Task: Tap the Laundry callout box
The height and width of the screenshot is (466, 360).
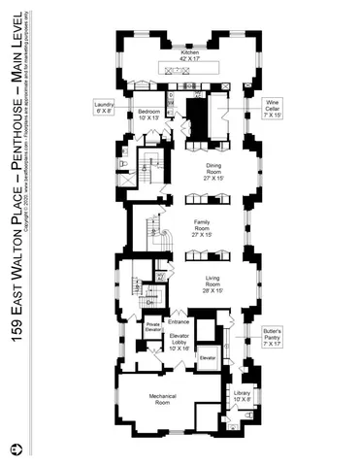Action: pos(104,107)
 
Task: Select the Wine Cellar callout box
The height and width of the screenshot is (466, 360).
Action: pos(272,107)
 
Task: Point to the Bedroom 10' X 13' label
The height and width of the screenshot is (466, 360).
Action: pos(147,115)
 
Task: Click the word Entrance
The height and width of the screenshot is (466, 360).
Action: pos(178,321)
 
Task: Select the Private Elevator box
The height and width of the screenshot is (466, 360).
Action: pos(152,327)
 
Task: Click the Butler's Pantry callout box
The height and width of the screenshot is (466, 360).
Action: pos(271,337)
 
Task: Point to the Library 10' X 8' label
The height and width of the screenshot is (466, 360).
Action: pos(243,396)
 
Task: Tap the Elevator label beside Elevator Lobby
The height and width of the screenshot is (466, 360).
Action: pos(206,357)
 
